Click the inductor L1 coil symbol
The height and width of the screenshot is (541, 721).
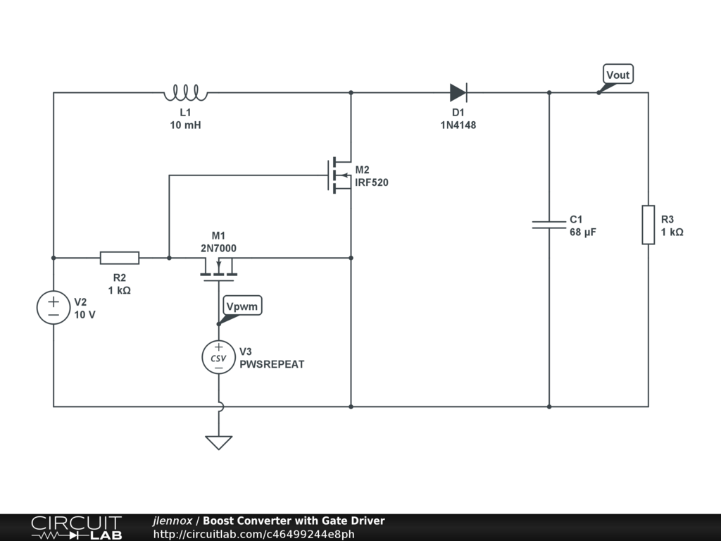[186, 92]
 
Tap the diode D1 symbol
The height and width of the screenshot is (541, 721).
[458, 92]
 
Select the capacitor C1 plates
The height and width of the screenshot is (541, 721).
[549, 224]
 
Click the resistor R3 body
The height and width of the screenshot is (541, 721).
[648, 225]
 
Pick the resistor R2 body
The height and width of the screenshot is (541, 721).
[119, 258]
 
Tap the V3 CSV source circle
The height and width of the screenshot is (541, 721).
[218, 357]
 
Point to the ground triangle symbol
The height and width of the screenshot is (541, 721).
[218, 442]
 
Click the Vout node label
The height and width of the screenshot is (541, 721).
[617, 75]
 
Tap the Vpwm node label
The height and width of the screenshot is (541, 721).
[242, 306]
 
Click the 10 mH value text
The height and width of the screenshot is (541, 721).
[186, 125]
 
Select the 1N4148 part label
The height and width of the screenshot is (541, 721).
[458, 125]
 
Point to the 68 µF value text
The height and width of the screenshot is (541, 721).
[583, 232]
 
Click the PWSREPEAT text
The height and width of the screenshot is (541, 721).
[272, 364]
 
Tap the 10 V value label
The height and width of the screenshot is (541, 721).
[84, 315]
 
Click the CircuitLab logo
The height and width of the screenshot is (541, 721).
[76, 528]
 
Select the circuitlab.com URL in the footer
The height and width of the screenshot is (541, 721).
[253, 535]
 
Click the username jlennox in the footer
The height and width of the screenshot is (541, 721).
[173, 521]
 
